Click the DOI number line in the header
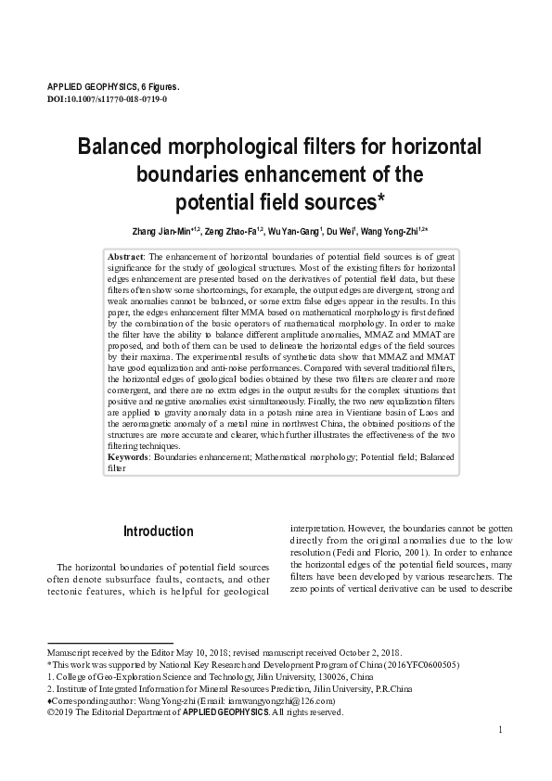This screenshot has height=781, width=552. [x=107, y=97]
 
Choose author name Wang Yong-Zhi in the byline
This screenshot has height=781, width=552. [x=393, y=231]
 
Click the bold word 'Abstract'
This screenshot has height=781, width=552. [x=125, y=255]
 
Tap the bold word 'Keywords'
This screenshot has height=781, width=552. [x=129, y=458]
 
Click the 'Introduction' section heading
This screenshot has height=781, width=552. [x=159, y=531]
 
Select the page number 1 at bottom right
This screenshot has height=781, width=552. [x=500, y=730]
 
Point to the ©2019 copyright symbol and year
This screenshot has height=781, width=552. [x=60, y=712]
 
